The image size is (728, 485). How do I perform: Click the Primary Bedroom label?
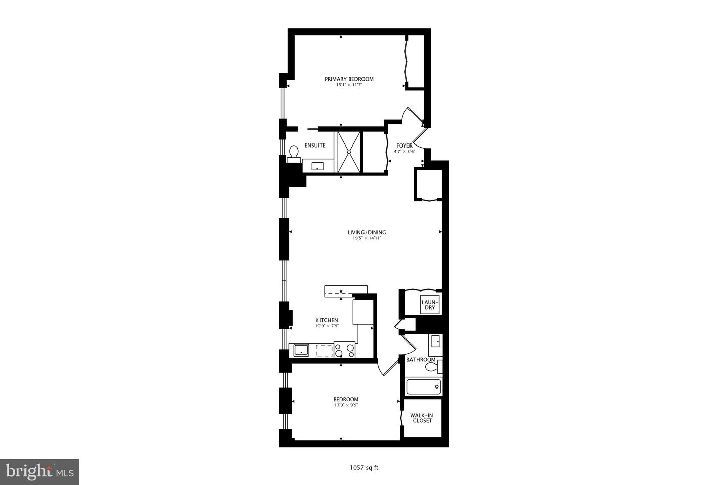[349, 79]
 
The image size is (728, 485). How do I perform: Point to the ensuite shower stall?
[349, 152]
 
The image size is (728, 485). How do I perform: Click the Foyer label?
[404, 145]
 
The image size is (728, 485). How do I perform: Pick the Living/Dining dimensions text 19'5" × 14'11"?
[367, 238]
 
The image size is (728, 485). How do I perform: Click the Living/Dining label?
[367, 232]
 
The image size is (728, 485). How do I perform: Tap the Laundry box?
[429, 304]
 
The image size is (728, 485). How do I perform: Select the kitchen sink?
[302, 350]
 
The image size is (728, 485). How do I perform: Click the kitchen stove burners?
[345, 350]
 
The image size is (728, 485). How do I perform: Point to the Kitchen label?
[327, 320]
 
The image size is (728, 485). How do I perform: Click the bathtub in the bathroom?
[424, 387]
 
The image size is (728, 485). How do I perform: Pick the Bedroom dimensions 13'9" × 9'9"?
[346, 405]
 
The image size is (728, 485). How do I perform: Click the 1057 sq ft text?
[364, 467]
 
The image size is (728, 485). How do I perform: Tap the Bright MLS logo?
[39, 472]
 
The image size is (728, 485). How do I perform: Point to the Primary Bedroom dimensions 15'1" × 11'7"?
[349, 85]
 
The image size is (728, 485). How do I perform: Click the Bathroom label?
[421, 360]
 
